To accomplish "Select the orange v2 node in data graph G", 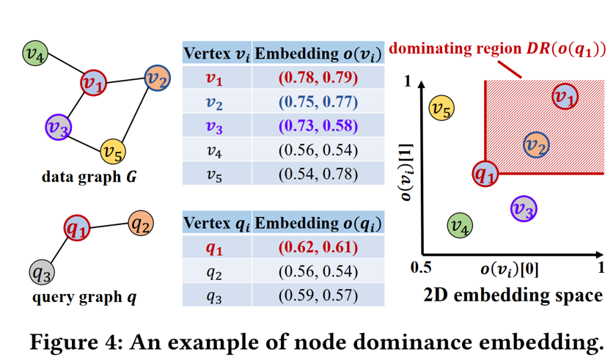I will coord(155,78).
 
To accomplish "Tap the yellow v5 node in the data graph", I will coord(113,152).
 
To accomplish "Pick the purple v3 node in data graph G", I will coord(58,128).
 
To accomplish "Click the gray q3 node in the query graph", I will coord(41,273).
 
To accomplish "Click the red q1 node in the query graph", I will coord(76,229).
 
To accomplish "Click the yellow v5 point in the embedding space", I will coord(441,109).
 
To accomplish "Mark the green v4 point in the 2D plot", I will coord(460,227).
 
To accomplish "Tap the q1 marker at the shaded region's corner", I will coord(485,173).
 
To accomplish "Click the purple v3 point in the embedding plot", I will coord(523,209).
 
